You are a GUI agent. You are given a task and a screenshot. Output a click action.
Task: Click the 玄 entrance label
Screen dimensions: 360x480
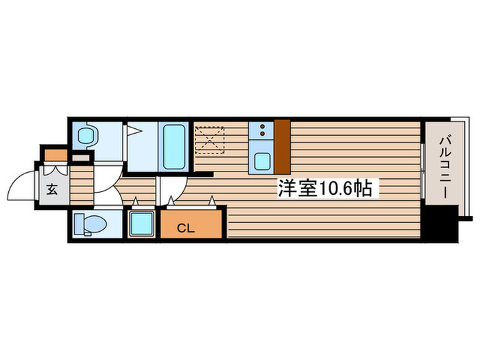coord(53,190)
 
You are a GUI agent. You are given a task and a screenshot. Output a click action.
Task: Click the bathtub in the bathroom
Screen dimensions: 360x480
coord(174,146)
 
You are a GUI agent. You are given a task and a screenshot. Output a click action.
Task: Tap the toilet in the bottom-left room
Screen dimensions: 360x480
coord(90,224)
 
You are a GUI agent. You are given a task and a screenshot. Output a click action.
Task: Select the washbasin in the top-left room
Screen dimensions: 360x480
coord(86,136)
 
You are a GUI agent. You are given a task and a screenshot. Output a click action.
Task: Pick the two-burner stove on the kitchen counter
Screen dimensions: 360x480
coord(261,131)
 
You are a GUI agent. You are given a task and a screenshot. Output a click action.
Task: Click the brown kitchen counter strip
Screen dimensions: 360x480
coord(283,146)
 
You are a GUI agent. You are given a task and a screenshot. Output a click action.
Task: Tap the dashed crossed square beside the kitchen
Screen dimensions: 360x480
coord(210,141)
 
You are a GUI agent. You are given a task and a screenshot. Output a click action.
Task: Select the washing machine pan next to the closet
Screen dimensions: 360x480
coord(142,224)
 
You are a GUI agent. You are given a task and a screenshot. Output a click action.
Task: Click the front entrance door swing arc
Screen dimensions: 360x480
coord(21,185)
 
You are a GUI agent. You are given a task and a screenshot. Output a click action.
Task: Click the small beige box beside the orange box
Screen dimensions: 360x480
coord(81,158)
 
